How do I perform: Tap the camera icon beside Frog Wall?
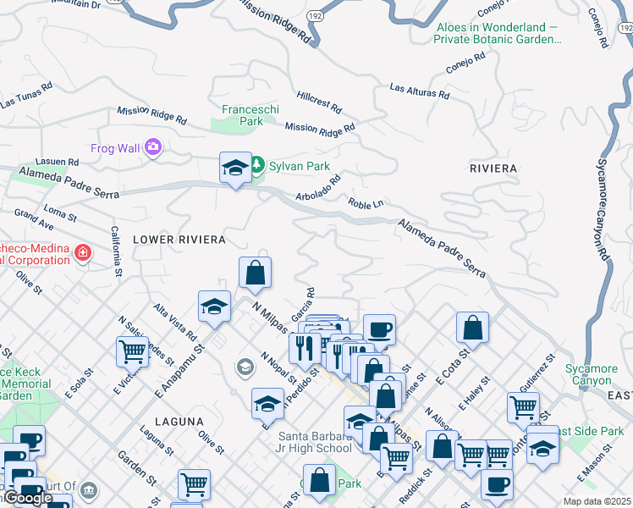153,148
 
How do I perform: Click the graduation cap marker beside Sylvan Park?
234,168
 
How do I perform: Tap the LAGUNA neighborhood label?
179,421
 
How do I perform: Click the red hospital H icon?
82,252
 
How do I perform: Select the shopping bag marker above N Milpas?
255,273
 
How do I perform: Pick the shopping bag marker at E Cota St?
472,328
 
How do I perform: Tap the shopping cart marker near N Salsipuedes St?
132,351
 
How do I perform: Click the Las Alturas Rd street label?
419,90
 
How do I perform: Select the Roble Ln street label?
366,203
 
